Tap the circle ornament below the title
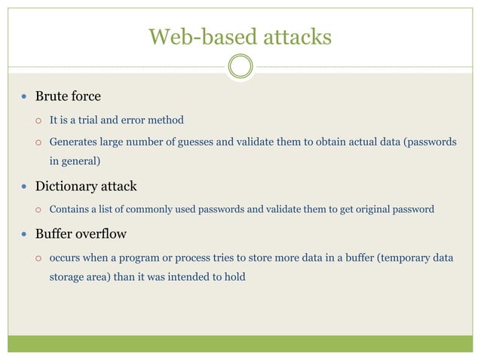(240, 66)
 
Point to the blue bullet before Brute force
(24, 97)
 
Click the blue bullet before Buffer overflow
(24, 234)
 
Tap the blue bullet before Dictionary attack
(24, 187)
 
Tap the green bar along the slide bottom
(240, 343)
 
